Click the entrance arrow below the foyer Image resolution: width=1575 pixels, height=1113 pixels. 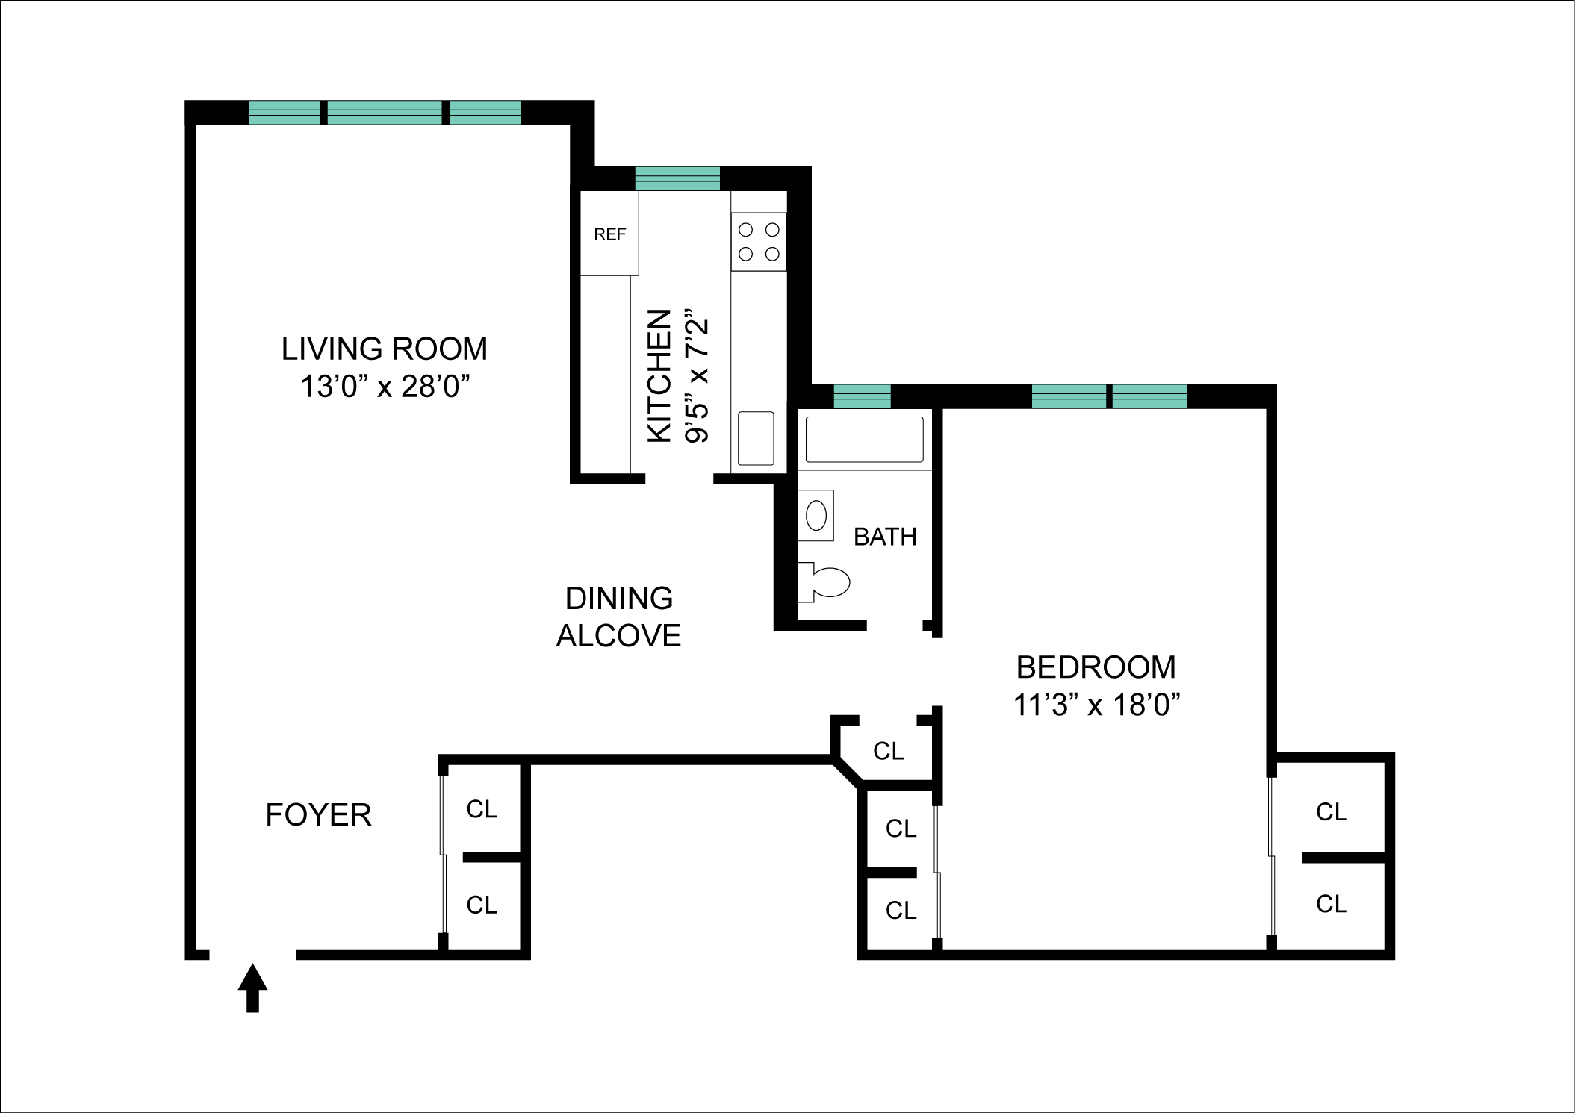252,987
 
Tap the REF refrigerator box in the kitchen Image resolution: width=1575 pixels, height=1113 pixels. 609,234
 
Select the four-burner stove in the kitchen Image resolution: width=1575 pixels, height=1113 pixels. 759,242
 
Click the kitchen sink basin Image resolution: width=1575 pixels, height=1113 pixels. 756,438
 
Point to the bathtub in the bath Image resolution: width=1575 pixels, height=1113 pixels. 864,440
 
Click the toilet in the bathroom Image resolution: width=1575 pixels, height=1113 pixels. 826,582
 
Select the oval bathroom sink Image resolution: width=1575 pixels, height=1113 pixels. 816,515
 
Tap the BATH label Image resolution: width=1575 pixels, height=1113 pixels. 885,537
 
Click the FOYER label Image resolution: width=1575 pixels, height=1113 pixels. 318,814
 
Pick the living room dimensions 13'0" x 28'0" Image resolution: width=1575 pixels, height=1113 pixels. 385,387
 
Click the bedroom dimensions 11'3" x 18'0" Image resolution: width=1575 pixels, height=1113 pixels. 1096,705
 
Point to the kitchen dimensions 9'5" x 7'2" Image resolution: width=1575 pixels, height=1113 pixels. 697,377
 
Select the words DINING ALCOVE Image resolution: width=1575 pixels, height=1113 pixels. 619,617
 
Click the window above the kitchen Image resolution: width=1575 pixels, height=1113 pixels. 677,179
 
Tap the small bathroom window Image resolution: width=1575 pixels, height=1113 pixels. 862,396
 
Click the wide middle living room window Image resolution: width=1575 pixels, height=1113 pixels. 385,113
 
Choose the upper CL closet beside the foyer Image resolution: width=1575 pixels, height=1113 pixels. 482,809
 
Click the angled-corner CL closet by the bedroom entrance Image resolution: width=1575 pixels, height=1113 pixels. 888,751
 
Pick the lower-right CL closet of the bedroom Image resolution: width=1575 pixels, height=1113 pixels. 1331,904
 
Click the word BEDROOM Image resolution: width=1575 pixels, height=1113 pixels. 1096,667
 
